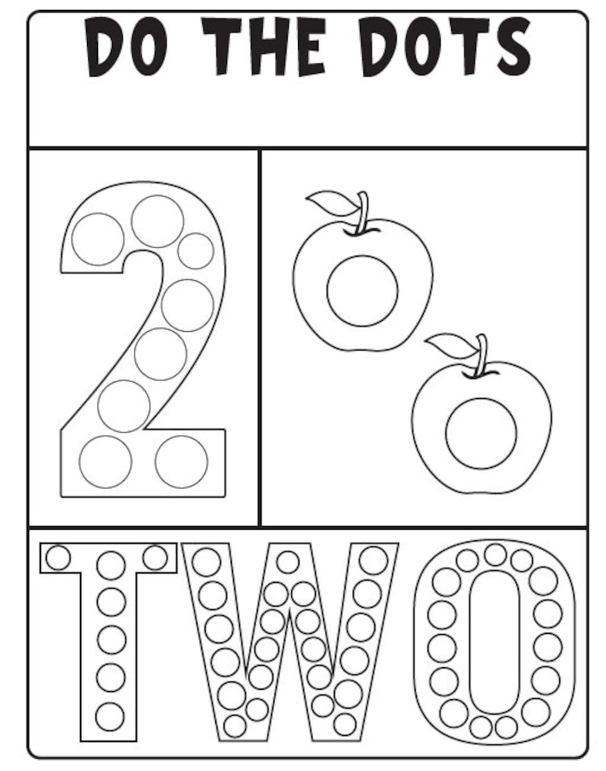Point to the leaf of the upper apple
click(325, 203)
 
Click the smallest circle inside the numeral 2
click(196, 250)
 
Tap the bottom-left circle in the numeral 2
click(105, 462)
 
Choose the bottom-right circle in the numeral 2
click(182, 462)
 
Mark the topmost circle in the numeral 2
click(157, 221)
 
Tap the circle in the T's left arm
click(58, 557)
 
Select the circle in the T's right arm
click(155, 556)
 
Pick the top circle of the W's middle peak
click(288, 562)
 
